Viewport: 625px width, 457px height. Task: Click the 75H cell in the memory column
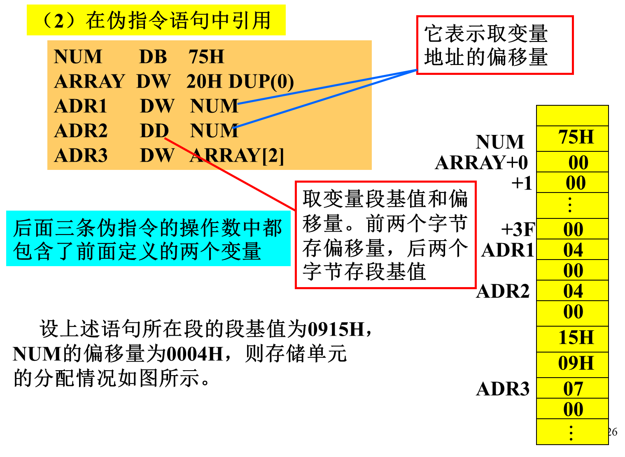pyautogui.click(x=576, y=137)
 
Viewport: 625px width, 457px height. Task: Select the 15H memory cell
pyautogui.click(x=576, y=338)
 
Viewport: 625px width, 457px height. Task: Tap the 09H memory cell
pyautogui.click(x=576, y=364)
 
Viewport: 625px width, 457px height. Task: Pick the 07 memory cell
pyautogui.click(x=573, y=389)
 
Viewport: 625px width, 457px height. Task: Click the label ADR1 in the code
pyautogui.click(x=81, y=106)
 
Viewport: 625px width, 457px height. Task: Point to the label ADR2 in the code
pyautogui.click(x=81, y=131)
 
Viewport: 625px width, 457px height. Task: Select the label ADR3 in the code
pyautogui.click(x=81, y=155)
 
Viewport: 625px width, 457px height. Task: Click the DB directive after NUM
pyautogui.click(x=153, y=57)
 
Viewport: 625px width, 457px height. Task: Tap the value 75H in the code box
pyautogui.click(x=206, y=57)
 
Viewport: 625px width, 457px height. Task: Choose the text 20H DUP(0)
pyautogui.click(x=240, y=81)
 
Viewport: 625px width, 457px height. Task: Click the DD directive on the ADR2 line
pyautogui.click(x=154, y=131)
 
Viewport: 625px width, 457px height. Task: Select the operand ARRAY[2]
pyautogui.click(x=237, y=155)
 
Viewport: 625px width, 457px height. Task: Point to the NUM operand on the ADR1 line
pyautogui.click(x=214, y=106)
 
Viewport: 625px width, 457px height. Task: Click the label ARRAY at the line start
pyautogui.click(x=89, y=81)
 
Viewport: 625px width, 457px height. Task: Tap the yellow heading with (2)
pyautogui.click(x=156, y=20)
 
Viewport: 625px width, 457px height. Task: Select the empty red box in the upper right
pyautogui.click(x=495, y=45)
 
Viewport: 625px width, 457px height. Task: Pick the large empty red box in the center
pyautogui.click(x=386, y=235)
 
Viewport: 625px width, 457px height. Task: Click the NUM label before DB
pyautogui.click(x=78, y=57)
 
